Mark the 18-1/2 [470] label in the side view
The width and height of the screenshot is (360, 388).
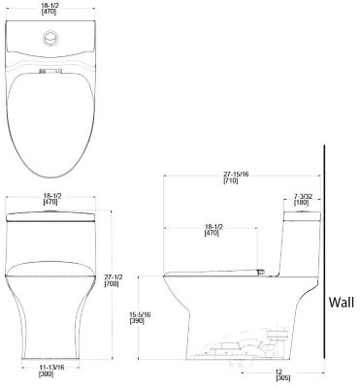pos(214,232)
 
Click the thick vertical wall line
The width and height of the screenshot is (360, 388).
pos(324,262)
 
